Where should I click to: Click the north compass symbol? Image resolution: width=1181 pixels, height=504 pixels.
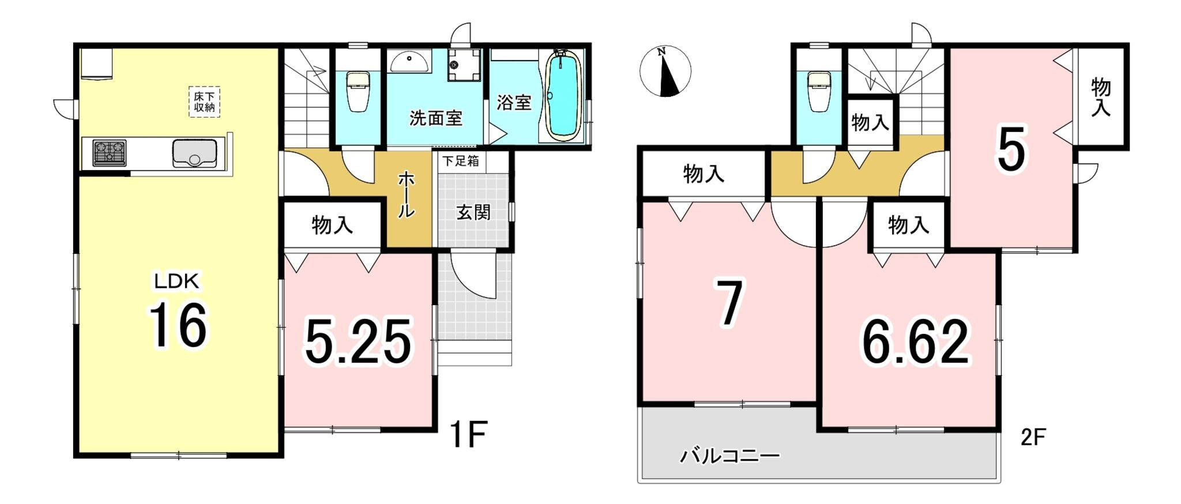[665, 71]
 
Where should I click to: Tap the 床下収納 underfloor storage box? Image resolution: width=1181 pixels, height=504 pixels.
[205, 102]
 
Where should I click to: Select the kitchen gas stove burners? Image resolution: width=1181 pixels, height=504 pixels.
[110, 153]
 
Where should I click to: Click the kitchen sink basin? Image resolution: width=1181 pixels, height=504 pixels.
[195, 153]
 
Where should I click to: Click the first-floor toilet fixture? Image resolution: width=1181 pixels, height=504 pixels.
[358, 91]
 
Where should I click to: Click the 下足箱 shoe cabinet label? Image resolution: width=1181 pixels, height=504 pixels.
[461, 161]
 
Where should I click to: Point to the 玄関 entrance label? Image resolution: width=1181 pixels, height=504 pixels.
[473, 212]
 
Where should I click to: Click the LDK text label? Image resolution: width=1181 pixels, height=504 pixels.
[176, 281]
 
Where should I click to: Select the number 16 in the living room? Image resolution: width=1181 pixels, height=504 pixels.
[178, 326]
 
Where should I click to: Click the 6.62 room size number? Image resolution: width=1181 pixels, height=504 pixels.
[915, 343]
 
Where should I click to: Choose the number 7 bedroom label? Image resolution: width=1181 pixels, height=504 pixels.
[729, 303]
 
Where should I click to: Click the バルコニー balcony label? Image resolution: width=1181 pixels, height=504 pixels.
[730, 456]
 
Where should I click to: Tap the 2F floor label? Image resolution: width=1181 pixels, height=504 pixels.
[1033, 438]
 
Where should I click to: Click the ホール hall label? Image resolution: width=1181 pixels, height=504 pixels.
[406, 194]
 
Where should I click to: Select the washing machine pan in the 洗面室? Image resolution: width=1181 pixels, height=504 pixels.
[464, 65]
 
